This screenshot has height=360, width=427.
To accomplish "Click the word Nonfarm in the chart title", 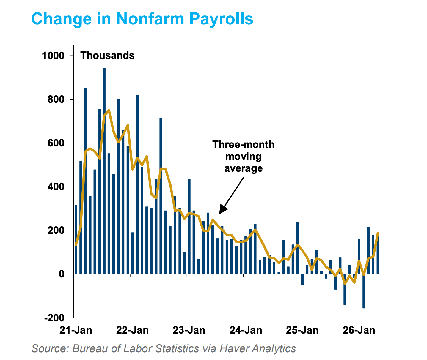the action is pyautogui.click(x=150, y=19).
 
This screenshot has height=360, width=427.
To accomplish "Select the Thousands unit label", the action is pyautogui.click(x=107, y=55).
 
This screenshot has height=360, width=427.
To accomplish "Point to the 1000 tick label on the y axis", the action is pyautogui.click(x=53, y=56).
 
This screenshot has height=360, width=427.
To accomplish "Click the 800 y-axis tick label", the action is pyautogui.click(x=56, y=99).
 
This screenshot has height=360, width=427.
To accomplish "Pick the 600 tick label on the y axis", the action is pyautogui.click(x=56, y=143).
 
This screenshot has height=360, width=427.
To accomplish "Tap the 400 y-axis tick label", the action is pyautogui.click(x=56, y=187).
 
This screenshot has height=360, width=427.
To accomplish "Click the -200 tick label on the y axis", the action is pyautogui.click(x=54, y=318).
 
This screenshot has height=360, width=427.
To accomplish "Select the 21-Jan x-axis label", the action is pyautogui.click(x=76, y=330).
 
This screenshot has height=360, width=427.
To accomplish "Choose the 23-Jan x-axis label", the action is pyautogui.click(x=189, y=330).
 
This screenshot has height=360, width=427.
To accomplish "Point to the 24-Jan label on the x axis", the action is pyautogui.click(x=246, y=330).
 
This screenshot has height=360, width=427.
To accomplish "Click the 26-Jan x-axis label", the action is pyautogui.click(x=359, y=330).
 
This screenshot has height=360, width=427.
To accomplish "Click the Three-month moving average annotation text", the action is pyautogui.click(x=243, y=157).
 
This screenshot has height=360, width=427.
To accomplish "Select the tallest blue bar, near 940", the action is pyautogui.click(x=104, y=171).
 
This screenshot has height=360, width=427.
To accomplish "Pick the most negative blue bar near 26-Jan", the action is pyautogui.click(x=364, y=291).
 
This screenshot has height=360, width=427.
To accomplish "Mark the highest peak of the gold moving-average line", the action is pyautogui.click(x=109, y=110).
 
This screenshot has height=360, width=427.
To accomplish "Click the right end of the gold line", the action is pyautogui.click(x=378, y=233).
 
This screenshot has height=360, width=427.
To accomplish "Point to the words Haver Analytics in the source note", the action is pyautogui.click(x=258, y=348).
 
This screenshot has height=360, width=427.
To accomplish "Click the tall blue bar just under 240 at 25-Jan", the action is pyautogui.click(x=298, y=248).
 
